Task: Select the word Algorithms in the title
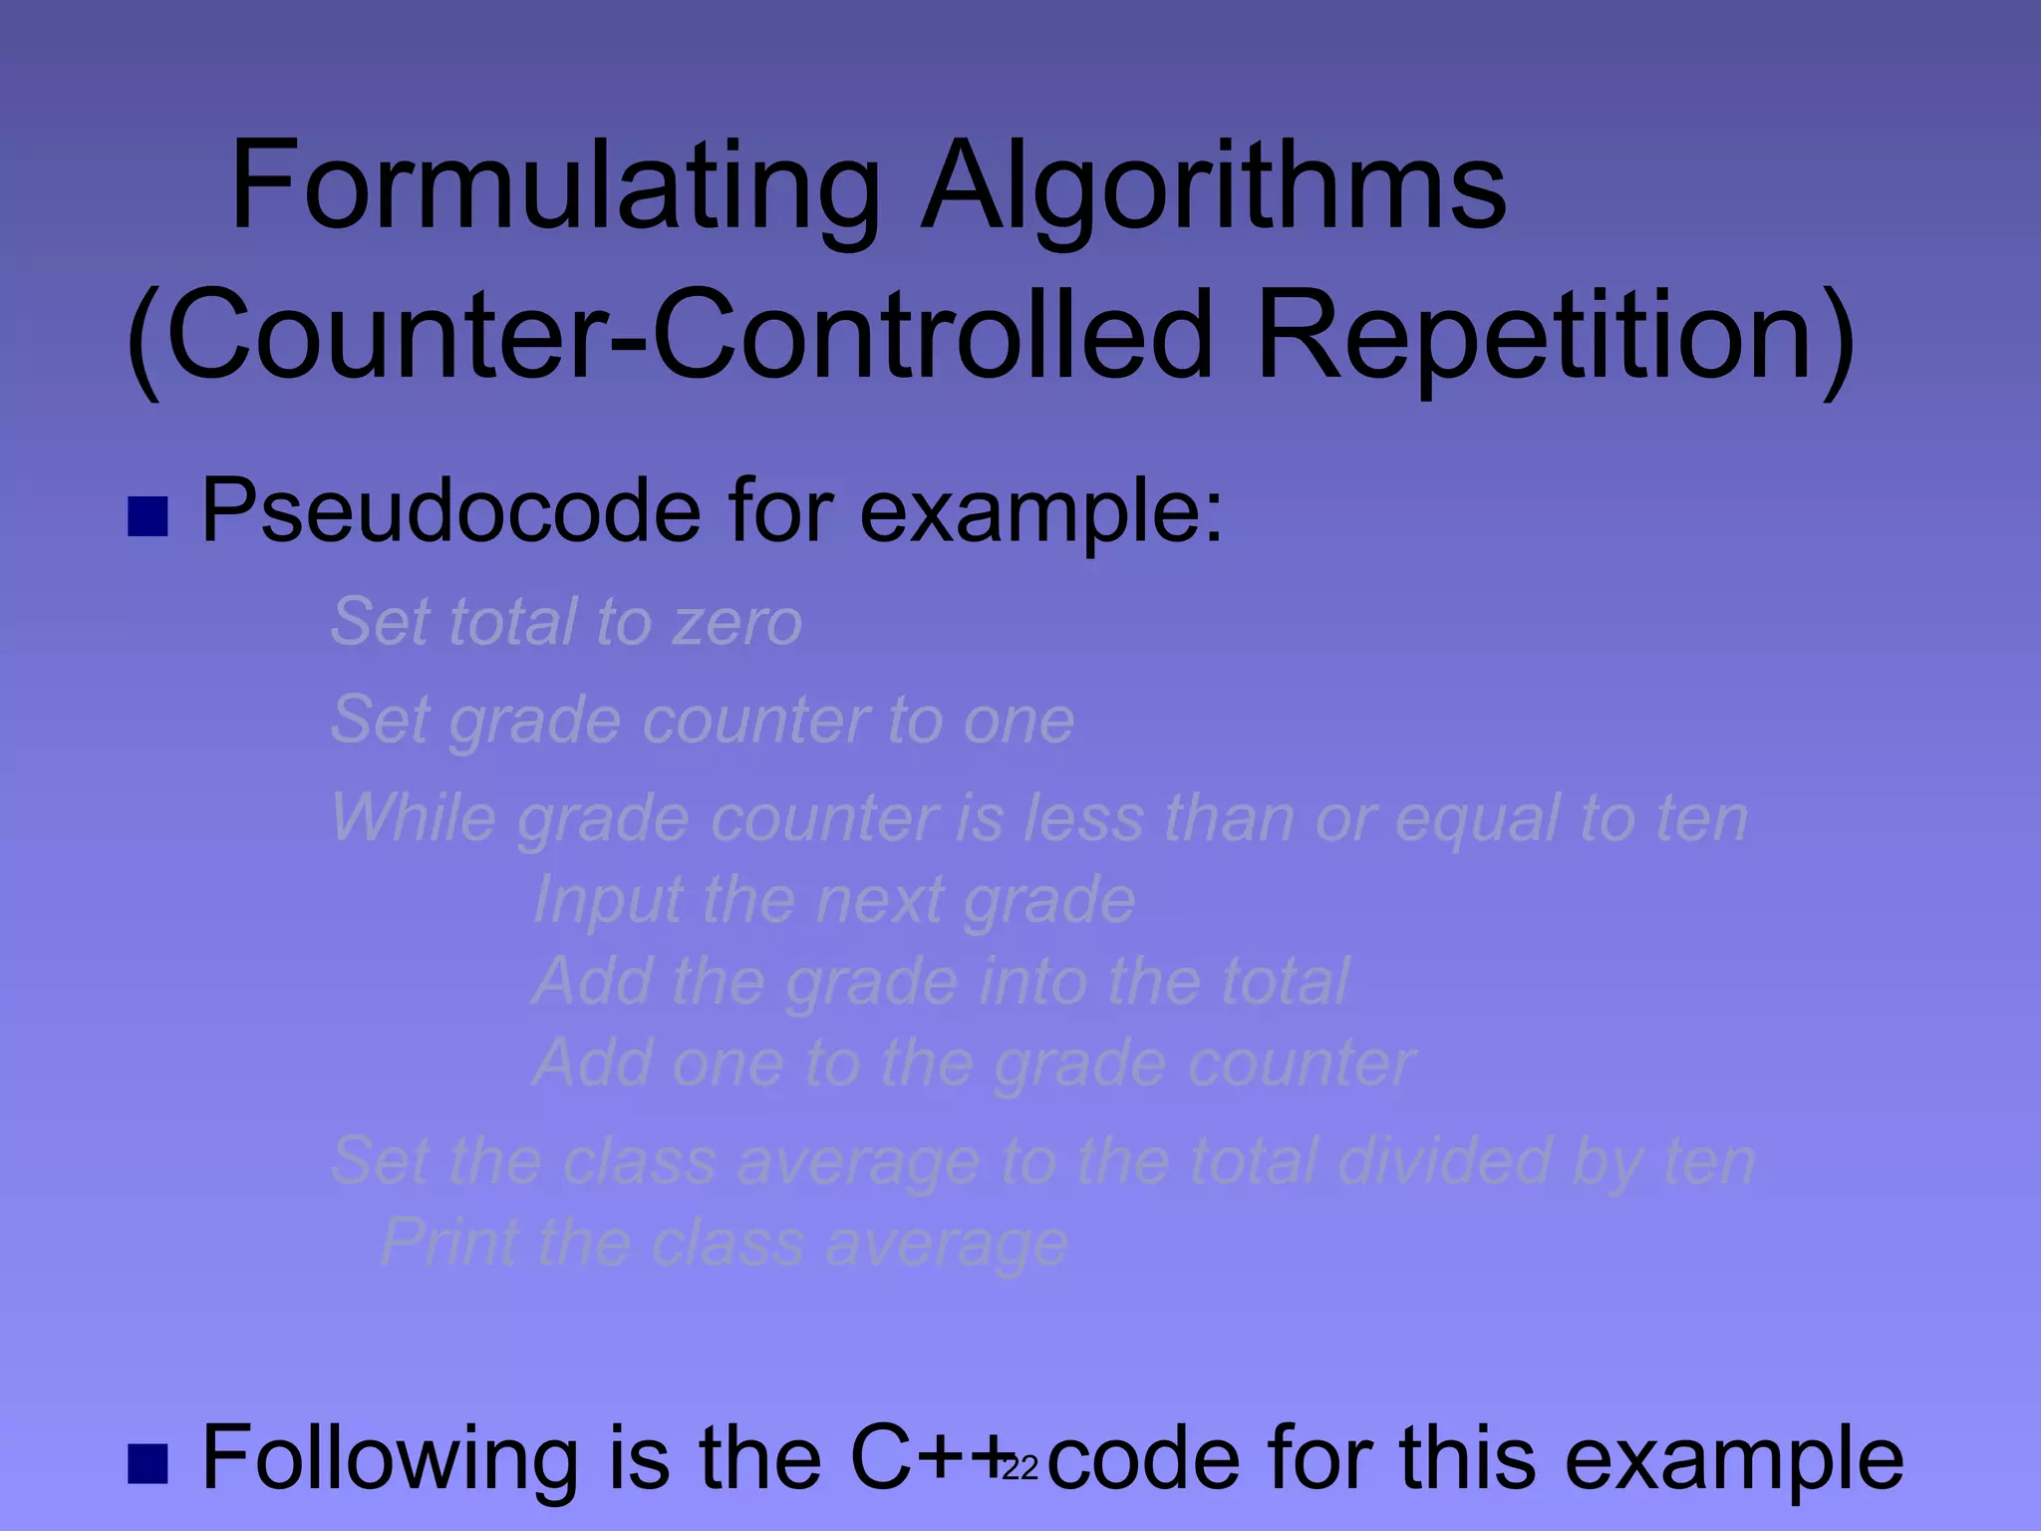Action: coord(1213,186)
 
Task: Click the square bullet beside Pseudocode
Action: coord(148,516)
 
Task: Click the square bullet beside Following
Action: coord(148,1462)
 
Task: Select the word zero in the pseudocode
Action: coord(737,623)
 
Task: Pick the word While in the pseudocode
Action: coord(413,818)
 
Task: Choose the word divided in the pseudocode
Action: coord(1444,1161)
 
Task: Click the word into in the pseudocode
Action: coord(1031,982)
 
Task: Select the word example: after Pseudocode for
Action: coord(1041,511)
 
